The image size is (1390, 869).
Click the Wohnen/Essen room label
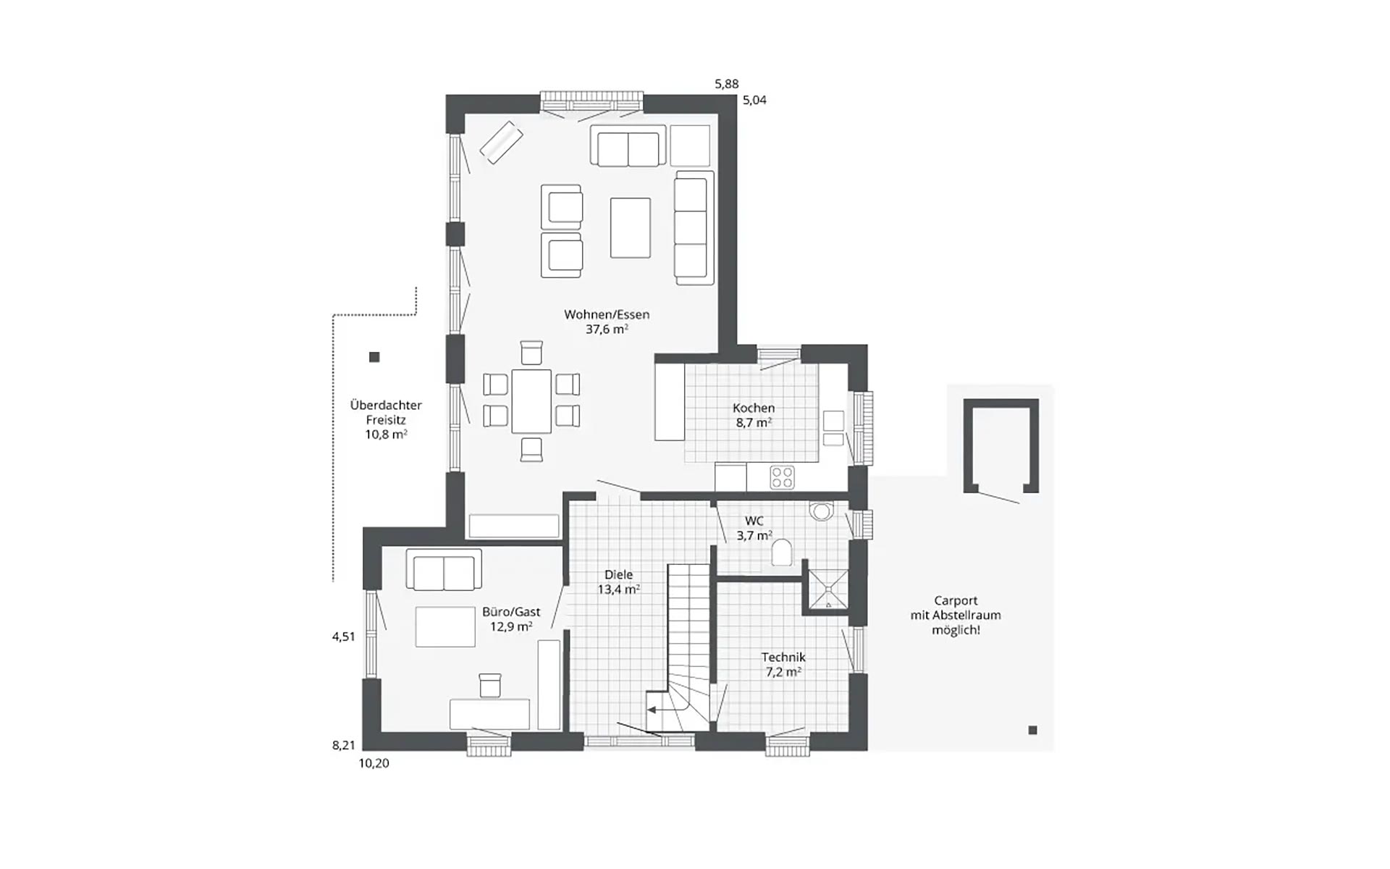(x=607, y=322)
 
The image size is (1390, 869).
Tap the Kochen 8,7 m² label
(x=754, y=415)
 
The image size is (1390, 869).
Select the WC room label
(x=754, y=528)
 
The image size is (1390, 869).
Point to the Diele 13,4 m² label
(x=618, y=582)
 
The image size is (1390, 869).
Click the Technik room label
(x=783, y=664)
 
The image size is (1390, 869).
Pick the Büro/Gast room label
(x=511, y=619)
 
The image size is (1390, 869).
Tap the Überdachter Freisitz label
(x=386, y=419)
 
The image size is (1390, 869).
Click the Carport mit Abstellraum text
(x=956, y=615)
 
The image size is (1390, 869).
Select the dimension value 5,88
(x=727, y=84)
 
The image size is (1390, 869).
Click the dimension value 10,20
(x=374, y=763)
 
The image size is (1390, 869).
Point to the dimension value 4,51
(x=344, y=637)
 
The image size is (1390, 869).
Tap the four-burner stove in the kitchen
(x=782, y=477)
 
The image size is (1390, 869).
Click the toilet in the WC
(x=782, y=553)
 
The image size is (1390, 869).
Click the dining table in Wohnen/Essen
(x=531, y=401)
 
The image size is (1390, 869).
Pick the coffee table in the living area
(x=630, y=227)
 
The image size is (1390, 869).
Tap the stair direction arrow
(x=662, y=710)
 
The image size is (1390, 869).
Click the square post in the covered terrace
(x=374, y=357)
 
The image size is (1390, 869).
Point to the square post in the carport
(x=1032, y=730)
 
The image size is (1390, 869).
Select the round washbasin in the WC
(x=822, y=511)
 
